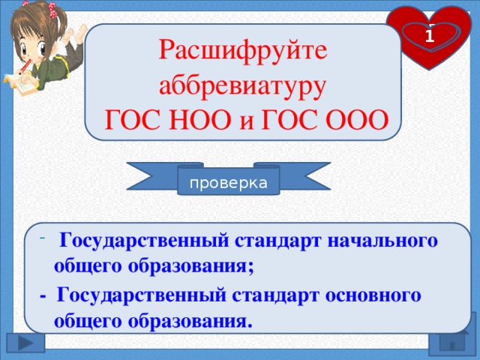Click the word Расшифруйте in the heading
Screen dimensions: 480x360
[x=243, y=51]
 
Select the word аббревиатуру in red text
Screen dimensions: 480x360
[x=242, y=86]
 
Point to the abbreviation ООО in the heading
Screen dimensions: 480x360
[x=357, y=120]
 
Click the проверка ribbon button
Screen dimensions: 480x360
[x=228, y=183]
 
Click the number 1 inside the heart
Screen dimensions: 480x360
[x=430, y=37]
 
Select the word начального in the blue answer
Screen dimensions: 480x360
[x=382, y=241]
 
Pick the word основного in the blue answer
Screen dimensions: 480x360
[x=373, y=295]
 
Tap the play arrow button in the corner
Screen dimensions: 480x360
[x=25, y=343]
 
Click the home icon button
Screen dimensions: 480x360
[x=452, y=342]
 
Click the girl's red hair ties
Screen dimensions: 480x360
[x=52, y=10]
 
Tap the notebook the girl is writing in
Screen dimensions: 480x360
[x=19, y=83]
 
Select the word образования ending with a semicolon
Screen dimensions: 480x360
[x=190, y=265]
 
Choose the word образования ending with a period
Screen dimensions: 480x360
[x=190, y=321]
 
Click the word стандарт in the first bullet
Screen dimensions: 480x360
[x=278, y=241]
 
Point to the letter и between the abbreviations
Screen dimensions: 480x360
[x=247, y=121]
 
